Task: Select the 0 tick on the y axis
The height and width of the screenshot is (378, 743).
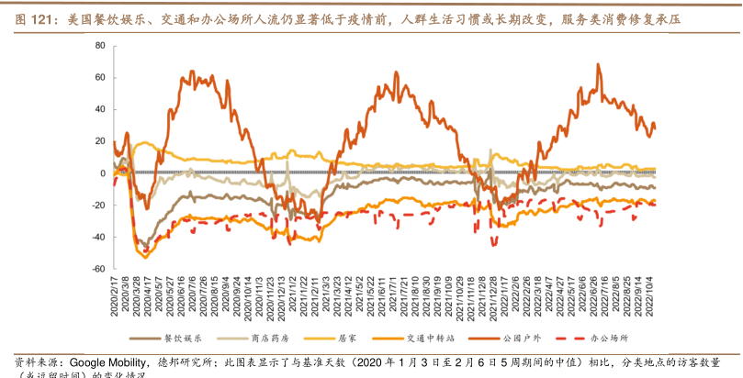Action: (102, 172)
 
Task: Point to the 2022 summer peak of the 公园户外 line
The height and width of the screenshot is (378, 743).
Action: (598, 65)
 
